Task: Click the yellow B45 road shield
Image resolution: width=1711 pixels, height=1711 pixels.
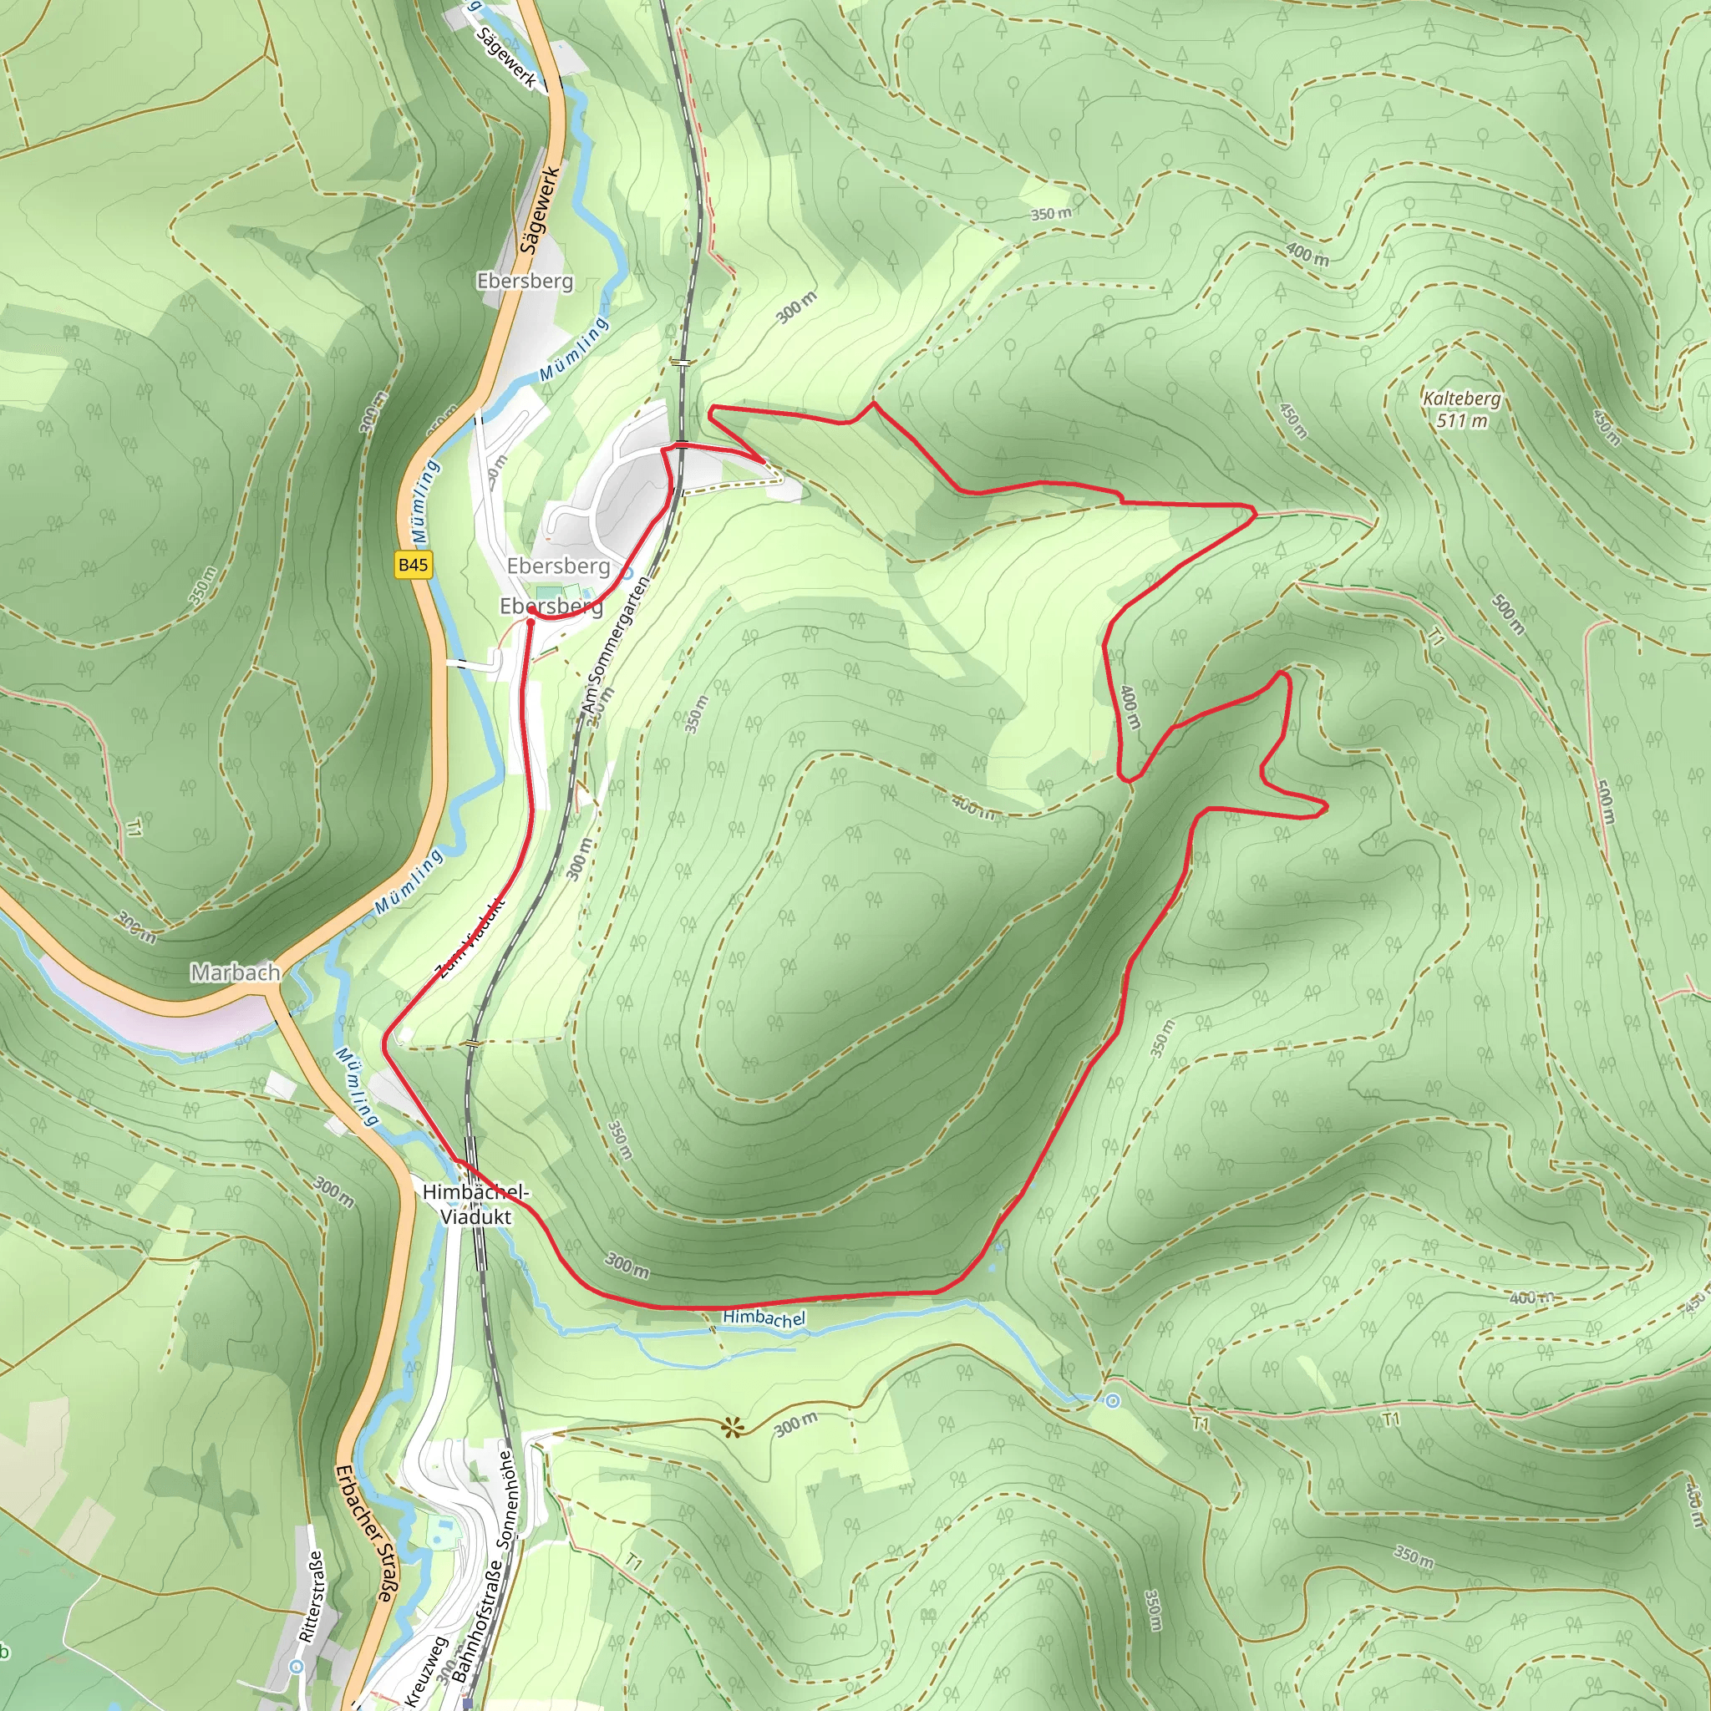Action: pyautogui.click(x=414, y=565)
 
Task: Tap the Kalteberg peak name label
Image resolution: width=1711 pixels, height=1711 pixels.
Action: pyautogui.click(x=1461, y=399)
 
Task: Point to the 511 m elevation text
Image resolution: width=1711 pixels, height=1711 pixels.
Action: pyautogui.click(x=1461, y=421)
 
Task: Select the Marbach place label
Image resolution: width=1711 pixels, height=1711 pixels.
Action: pyautogui.click(x=236, y=972)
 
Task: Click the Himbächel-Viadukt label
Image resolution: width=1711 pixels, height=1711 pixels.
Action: pyautogui.click(x=475, y=1205)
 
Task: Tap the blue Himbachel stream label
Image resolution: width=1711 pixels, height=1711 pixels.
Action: pyautogui.click(x=764, y=1318)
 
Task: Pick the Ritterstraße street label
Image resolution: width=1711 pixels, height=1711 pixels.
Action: pyautogui.click(x=312, y=1596)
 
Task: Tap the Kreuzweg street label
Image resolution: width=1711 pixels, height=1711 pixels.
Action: pyautogui.click(x=427, y=1670)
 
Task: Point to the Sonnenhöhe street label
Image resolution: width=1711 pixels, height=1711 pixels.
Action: pyautogui.click(x=505, y=1500)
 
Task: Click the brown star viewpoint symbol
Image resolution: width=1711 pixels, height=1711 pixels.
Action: pyautogui.click(x=733, y=1427)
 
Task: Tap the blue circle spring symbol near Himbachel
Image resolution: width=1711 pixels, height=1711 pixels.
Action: pyautogui.click(x=1112, y=1400)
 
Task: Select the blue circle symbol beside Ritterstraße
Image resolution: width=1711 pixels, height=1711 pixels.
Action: pyautogui.click(x=297, y=1667)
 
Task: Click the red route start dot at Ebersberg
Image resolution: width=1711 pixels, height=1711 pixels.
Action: pyautogui.click(x=531, y=610)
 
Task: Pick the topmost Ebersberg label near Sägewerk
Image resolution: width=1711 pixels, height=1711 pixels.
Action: pyautogui.click(x=525, y=281)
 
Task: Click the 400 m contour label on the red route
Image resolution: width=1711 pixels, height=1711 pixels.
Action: pyautogui.click(x=1130, y=708)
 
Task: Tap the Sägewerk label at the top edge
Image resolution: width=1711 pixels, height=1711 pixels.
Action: pyautogui.click(x=506, y=58)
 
